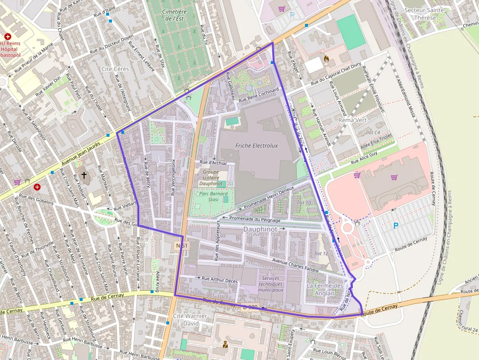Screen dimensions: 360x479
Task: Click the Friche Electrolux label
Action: (256, 146)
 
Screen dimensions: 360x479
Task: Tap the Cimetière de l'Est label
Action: (174, 15)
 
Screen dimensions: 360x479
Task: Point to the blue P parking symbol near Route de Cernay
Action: (396, 226)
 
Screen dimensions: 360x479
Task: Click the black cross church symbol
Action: (84, 174)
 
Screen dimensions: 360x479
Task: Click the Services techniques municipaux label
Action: (271, 284)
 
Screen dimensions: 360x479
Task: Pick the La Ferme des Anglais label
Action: (325, 289)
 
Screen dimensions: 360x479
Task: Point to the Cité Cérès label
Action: (115, 69)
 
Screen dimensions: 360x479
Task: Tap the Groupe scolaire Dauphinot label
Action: (211, 178)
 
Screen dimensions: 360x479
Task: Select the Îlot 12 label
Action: (321, 253)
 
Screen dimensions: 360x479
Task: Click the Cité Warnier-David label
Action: (191, 319)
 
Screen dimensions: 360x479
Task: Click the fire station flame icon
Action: (327, 58)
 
